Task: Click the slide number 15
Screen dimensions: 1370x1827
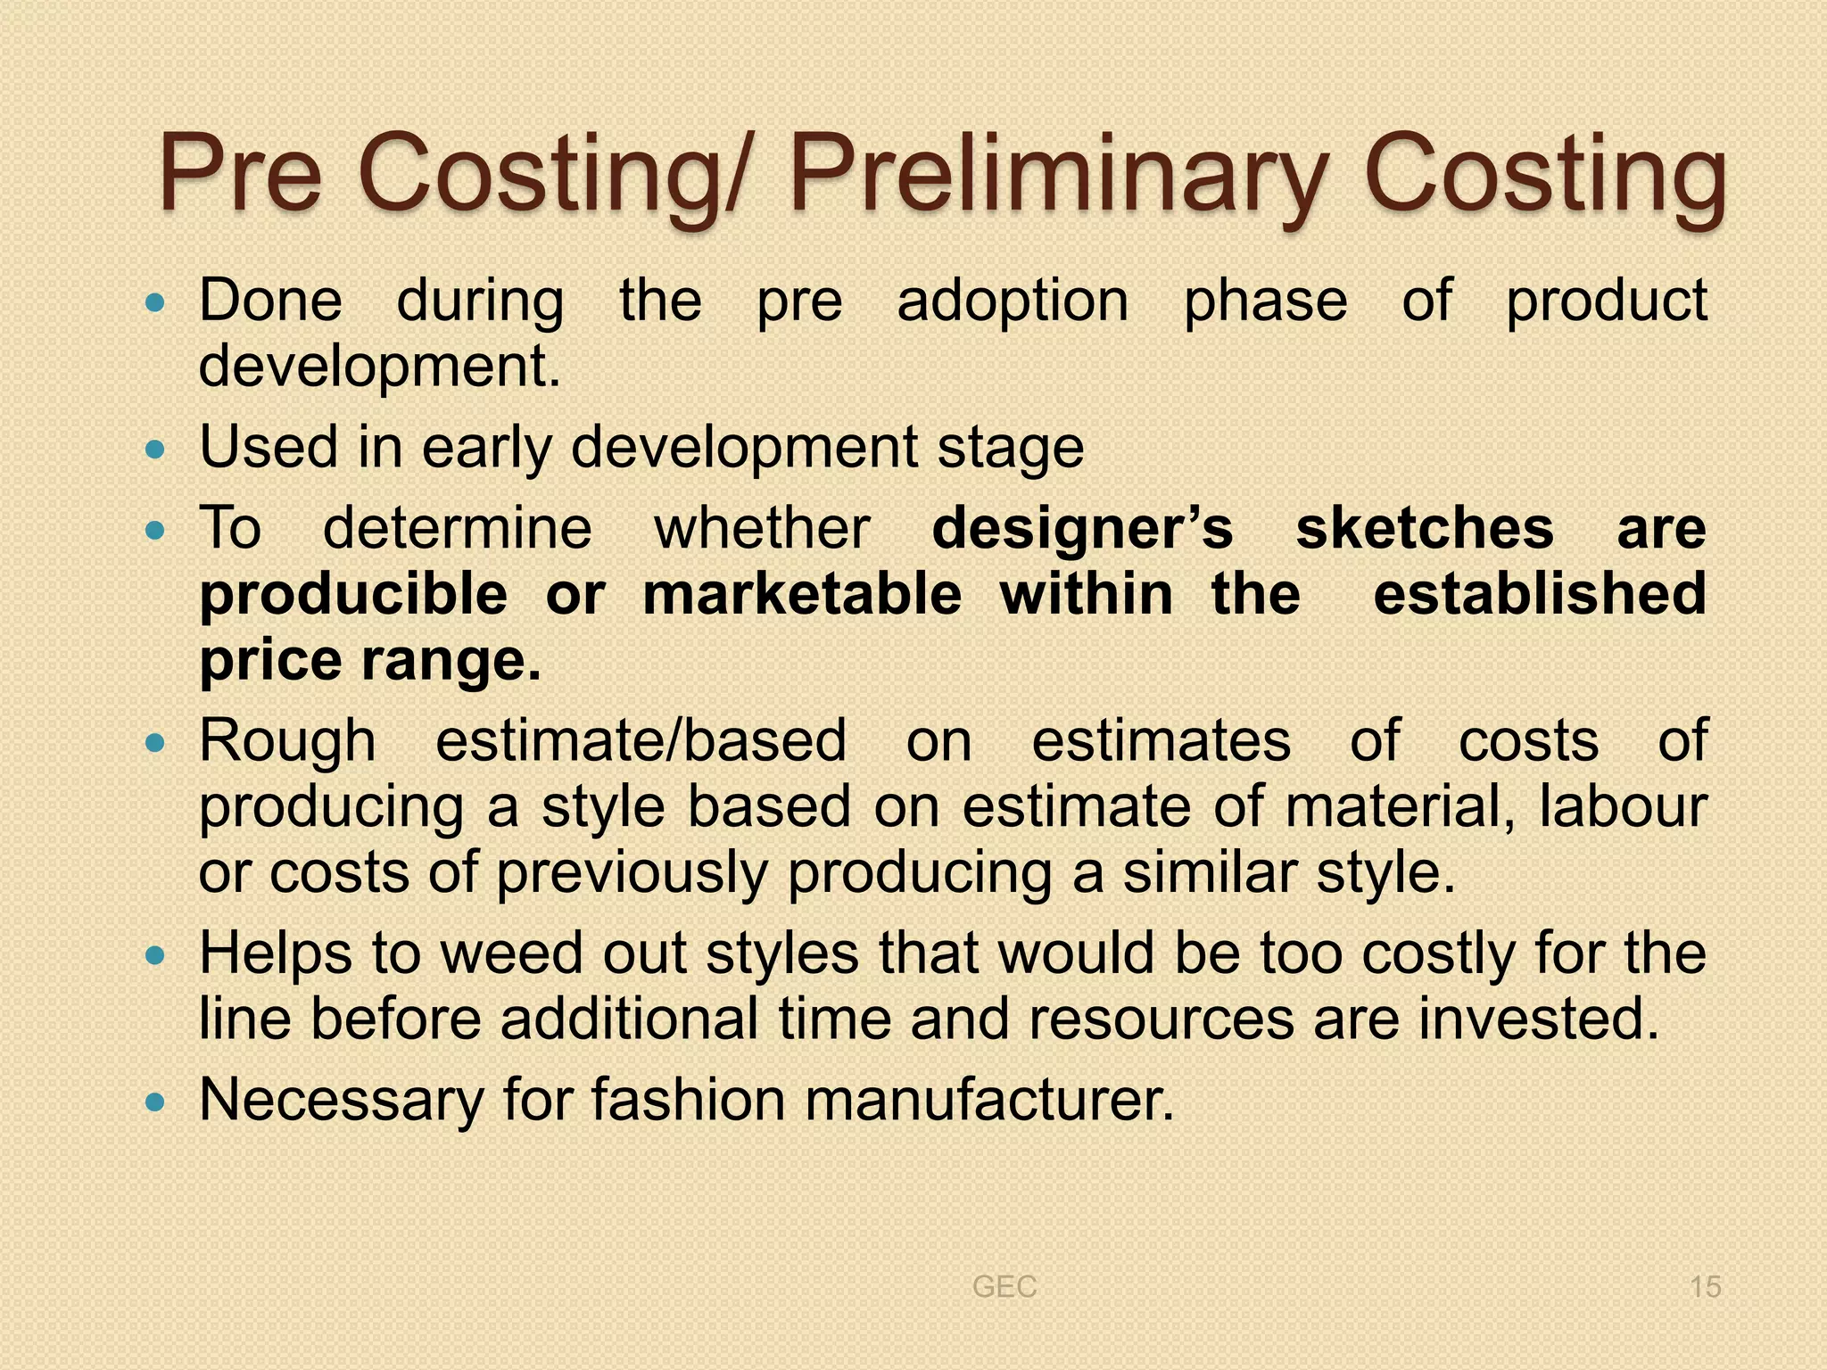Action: pyautogui.click(x=1705, y=1287)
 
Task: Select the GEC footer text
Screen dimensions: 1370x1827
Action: pyautogui.click(x=1004, y=1287)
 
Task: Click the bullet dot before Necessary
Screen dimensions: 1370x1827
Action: pyautogui.click(x=155, y=1102)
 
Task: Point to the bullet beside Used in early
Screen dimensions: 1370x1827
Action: pyautogui.click(x=155, y=450)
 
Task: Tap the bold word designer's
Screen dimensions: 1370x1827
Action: pyautogui.click(x=1082, y=528)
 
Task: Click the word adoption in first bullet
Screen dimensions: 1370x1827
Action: pyautogui.click(x=1013, y=301)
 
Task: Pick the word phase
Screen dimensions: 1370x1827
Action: pyautogui.click(x=1265, y=301)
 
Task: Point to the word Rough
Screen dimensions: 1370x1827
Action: pyautogui.click(x=287, y=742)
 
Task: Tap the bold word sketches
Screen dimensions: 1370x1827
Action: pyautogui.click(x=1425, y=528)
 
